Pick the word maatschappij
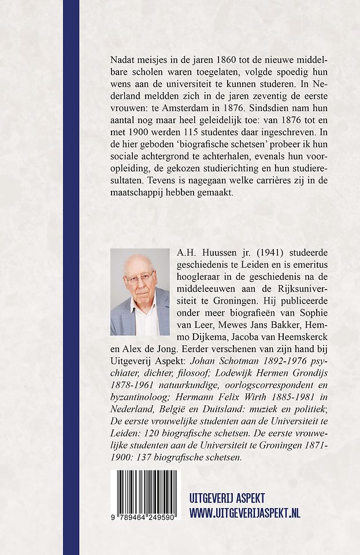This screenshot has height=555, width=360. [140, 194]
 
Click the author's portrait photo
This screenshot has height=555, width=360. [140, 292]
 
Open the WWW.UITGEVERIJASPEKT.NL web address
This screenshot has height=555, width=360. [245, 513]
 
